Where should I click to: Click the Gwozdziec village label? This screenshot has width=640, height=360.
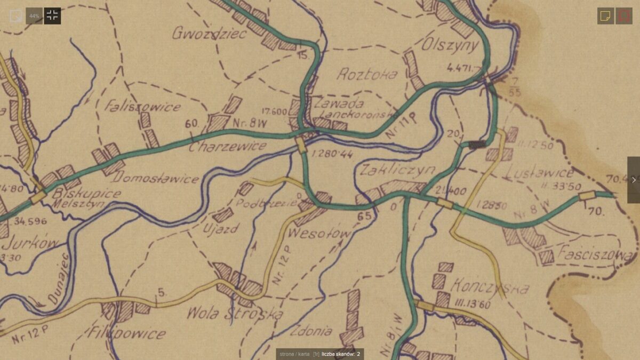209,34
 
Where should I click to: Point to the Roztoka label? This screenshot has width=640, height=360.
367,74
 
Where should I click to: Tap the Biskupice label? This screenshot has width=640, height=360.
86,193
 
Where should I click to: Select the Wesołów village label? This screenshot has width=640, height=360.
320,234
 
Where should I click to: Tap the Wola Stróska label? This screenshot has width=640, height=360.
235,314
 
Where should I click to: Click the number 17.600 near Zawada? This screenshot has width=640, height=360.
275,112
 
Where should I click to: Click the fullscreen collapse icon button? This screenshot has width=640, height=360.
52,15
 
